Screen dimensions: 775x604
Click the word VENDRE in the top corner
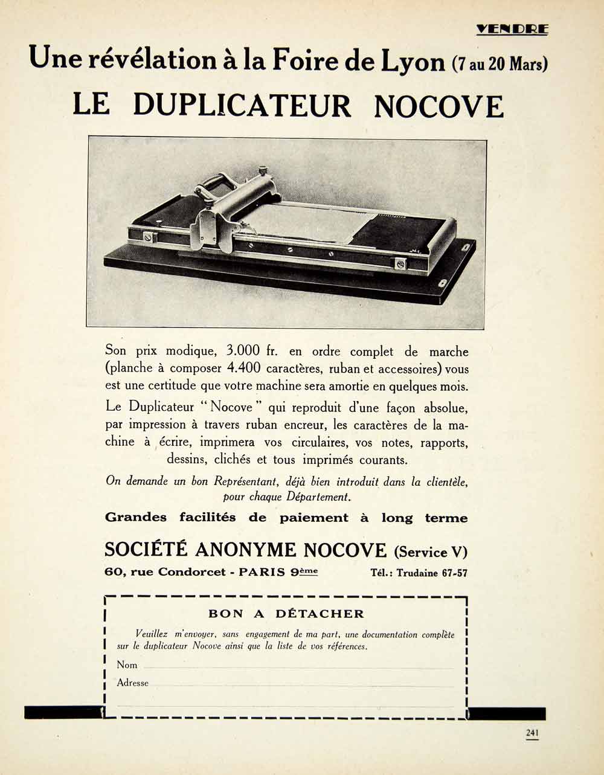[512, 28]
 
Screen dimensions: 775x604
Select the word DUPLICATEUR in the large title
[242, 105]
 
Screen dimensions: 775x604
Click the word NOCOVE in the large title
[439, 106]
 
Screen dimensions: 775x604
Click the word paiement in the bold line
[313, 518]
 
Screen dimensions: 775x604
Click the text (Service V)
[430, 552]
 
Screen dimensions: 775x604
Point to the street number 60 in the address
[112, 572]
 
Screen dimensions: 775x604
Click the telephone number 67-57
[454, 573]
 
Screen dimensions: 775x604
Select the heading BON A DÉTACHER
[286, 614]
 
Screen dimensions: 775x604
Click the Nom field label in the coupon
[127, 665]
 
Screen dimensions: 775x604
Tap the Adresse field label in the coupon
[132, 683]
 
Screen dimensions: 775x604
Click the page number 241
[532, 733]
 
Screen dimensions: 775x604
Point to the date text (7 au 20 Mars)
[499, 63]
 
